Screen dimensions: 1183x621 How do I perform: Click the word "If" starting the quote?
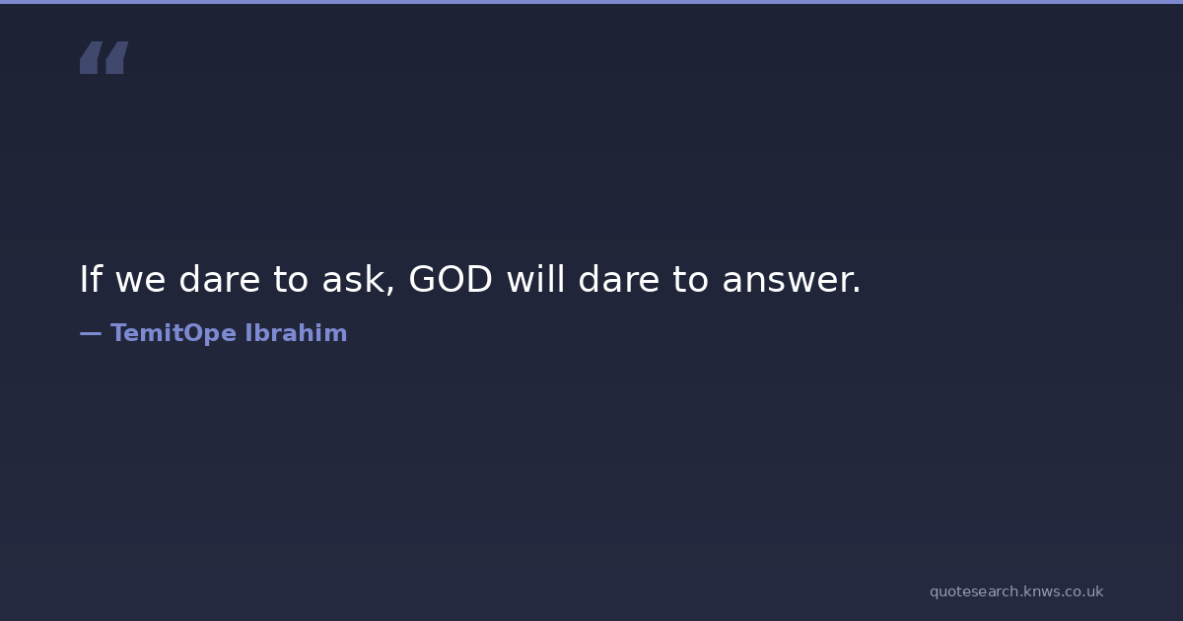pos(91,279)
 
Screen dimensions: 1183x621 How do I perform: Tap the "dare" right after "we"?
pos(220,279)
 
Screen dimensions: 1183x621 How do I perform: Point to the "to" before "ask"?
pos(291,279)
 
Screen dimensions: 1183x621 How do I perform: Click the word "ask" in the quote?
pos(353,279)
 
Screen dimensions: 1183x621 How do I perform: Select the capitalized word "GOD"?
pos(451,279)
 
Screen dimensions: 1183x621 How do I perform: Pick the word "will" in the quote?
pos(536,278)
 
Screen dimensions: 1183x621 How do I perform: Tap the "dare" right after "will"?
pos(619,279)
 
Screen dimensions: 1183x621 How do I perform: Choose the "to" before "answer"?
pos(690,279)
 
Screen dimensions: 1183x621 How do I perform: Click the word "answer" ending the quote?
pos(785,282)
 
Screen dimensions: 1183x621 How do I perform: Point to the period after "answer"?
pos(856,290)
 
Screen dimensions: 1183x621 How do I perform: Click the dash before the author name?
pos(91,334)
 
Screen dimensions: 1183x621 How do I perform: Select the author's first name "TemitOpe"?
pos(174,334)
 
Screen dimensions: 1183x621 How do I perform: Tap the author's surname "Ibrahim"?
pos(297,333)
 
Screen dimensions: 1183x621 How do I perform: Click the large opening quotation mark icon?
pos(104,57)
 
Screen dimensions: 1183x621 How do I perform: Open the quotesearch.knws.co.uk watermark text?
pos(1016,591)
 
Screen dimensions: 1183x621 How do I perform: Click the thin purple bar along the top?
pos(591,2)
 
